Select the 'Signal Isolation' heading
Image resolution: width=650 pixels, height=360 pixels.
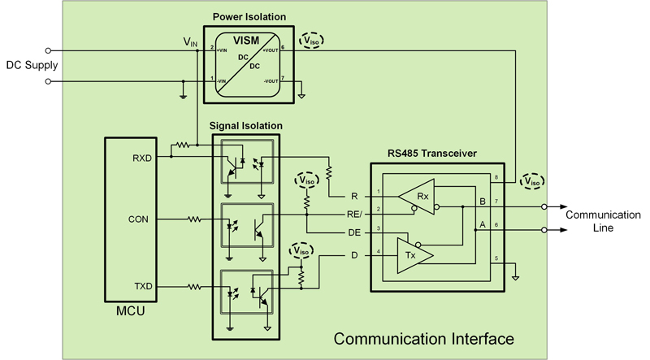tap(245, 126)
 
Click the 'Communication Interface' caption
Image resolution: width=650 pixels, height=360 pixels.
tap(423, 337)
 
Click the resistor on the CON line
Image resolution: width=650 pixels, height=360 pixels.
tap(196, 219)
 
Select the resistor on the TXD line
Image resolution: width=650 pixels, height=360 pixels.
tap(196, 286)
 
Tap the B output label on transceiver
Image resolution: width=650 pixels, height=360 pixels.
tap(483, 199)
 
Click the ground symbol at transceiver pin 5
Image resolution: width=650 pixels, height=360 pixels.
tap(515, 276)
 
